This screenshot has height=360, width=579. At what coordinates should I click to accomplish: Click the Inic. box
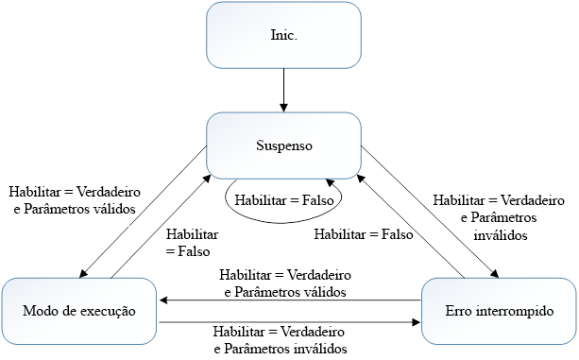pyautogui.click(x=283, y=35)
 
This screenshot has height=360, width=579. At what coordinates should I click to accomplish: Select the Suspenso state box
pyautogui.click(x=283, y=146)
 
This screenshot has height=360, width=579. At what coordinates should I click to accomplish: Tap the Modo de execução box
pyautogui.click(x=79, y=310)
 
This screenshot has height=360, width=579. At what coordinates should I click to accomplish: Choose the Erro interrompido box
pyautogui.click(x=498, y=310)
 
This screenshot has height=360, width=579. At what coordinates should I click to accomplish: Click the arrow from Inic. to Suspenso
pyautogui.click(x=283, y=90)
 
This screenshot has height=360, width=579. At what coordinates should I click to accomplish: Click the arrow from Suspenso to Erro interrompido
pyautogui.click(x=424, y=209)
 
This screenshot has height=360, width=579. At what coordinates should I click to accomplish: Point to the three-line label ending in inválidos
pyautogui.click(x=498, y=217)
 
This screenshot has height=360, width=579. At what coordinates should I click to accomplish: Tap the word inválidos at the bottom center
pyautogui.click(x=317, y=348)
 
